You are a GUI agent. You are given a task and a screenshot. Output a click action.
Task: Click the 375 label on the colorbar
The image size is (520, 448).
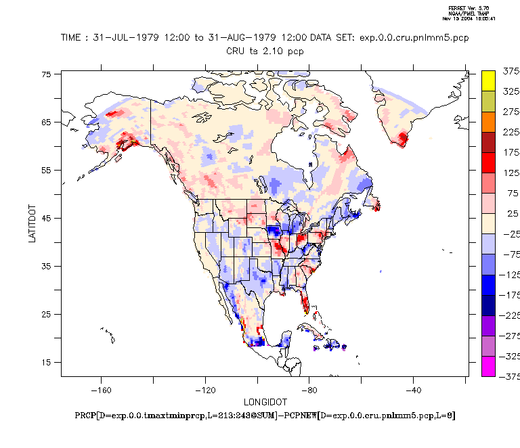(x=510, y=71)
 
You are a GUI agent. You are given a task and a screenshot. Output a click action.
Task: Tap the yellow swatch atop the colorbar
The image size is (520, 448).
(x=488, y=81)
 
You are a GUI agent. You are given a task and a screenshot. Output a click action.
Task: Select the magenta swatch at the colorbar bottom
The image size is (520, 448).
(x=488, y=366)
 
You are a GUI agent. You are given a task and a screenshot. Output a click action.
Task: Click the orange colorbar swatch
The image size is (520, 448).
(x=488, y=122)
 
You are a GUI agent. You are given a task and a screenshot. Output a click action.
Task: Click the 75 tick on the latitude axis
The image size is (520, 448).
(x=47, y=74)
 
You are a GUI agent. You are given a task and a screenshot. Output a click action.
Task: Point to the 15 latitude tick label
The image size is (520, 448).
(x=47, y=362)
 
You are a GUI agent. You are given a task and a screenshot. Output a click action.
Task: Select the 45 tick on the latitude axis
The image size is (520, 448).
(x=47, y=218)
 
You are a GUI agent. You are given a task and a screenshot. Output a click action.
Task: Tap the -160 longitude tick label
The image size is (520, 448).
(x=101, y=390)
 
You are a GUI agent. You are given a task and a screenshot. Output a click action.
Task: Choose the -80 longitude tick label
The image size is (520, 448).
(x=309, y=390)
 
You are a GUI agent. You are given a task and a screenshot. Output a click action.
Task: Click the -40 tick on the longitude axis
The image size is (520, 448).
(x=413, y=390)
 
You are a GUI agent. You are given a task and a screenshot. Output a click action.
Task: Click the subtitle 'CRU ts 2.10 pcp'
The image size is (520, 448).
(x=264, y=50)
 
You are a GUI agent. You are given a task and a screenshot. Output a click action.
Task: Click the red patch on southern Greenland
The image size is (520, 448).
(x=404, y=139)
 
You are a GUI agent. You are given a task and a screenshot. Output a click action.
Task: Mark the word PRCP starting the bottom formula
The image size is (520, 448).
(x=85, y=415)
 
